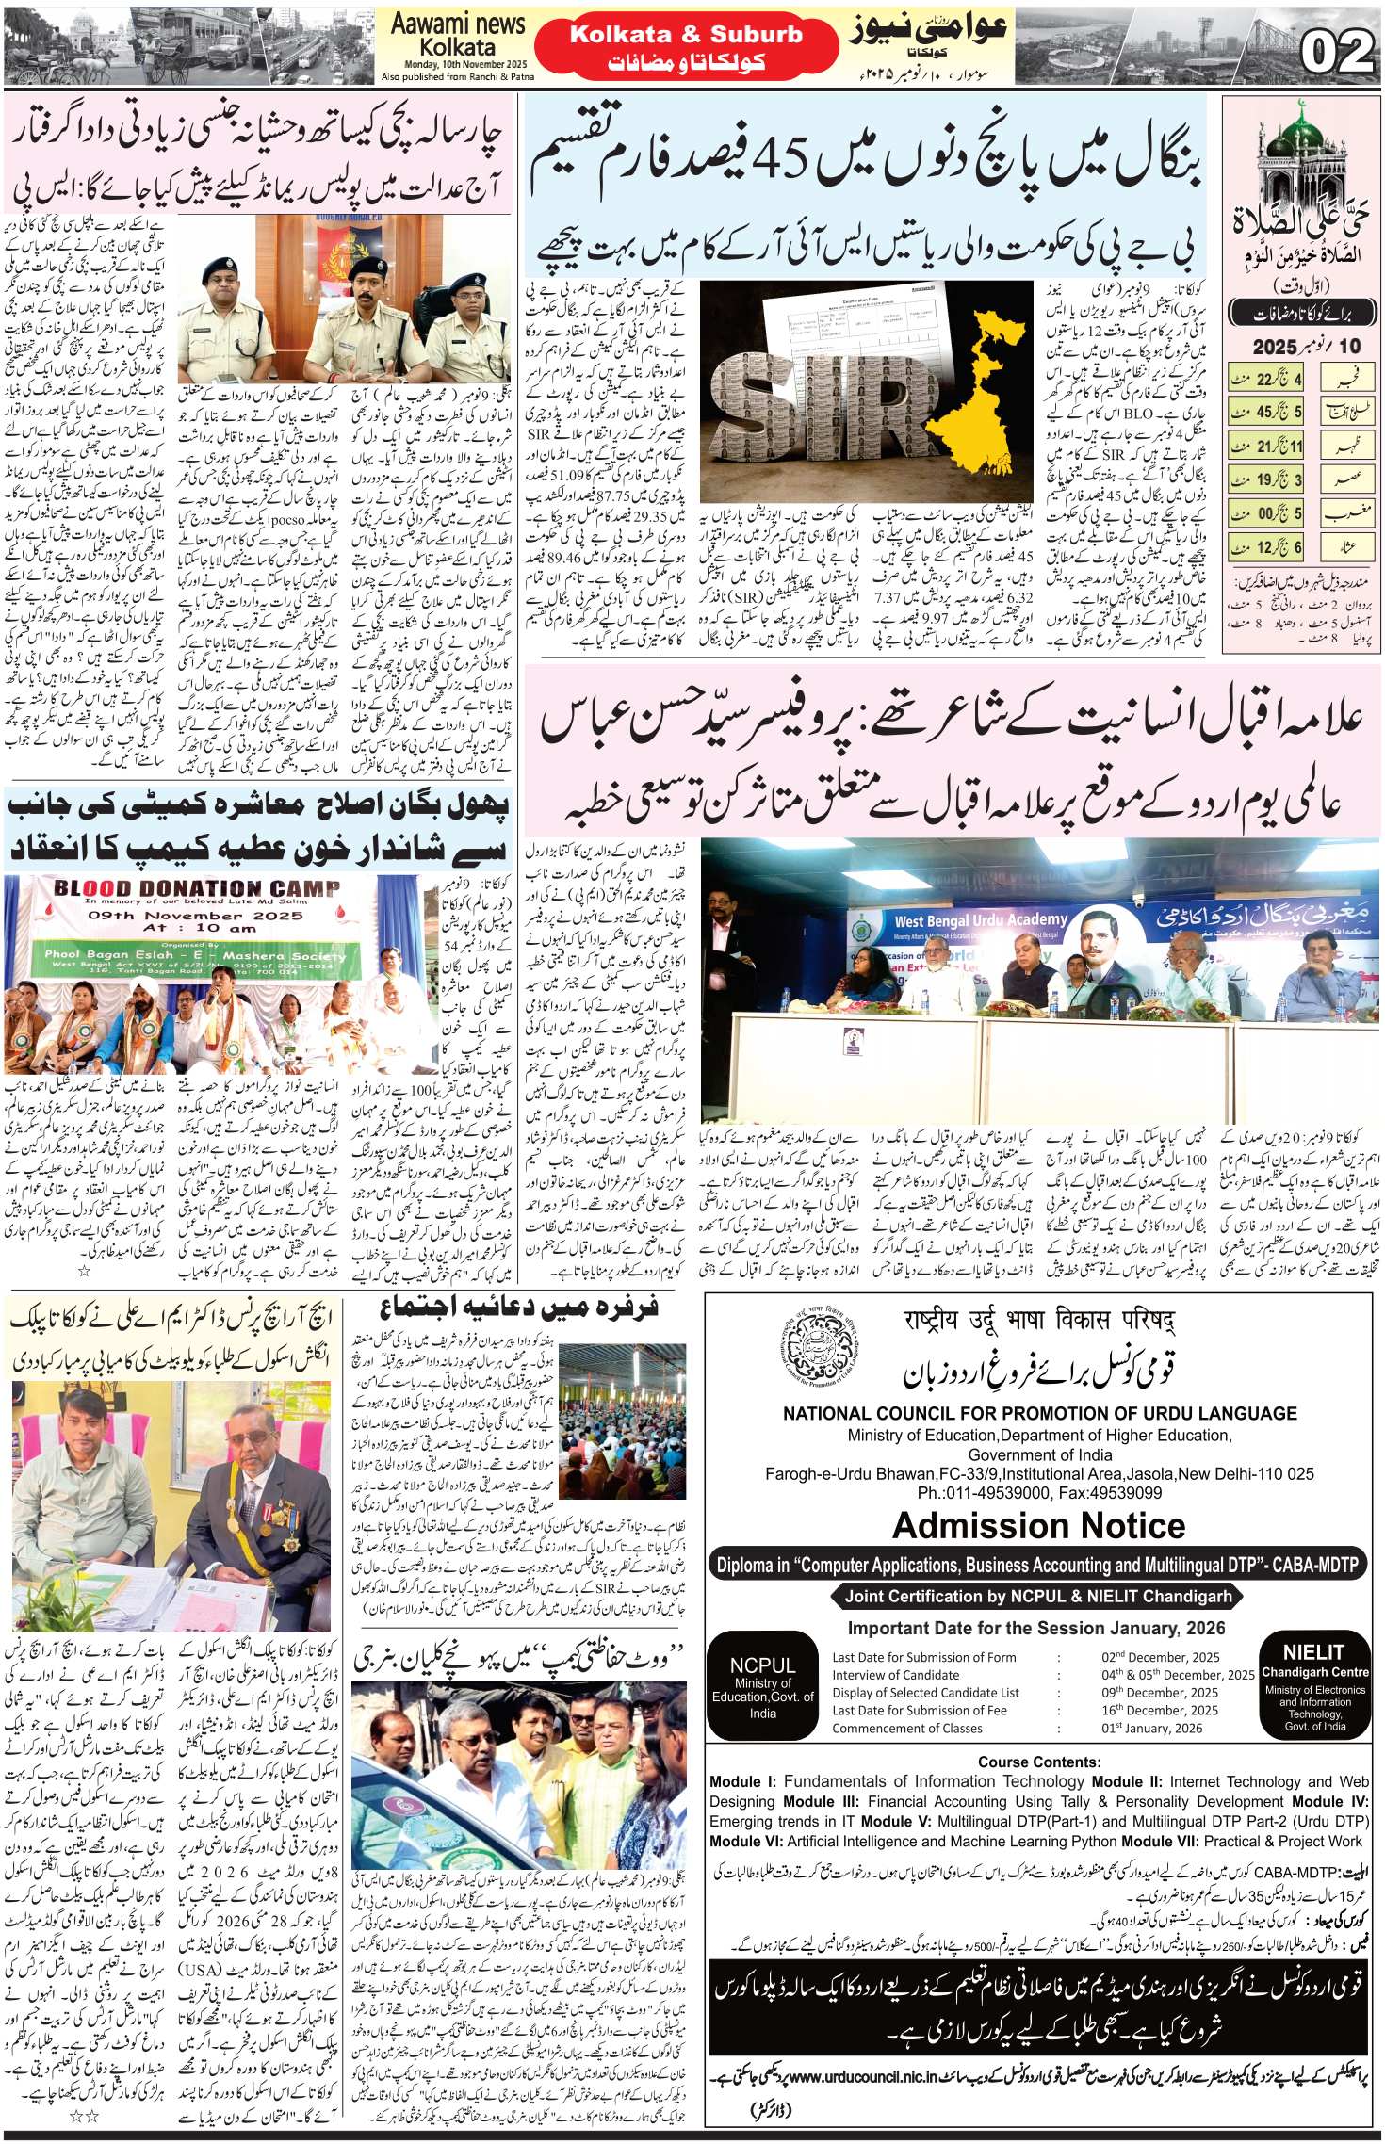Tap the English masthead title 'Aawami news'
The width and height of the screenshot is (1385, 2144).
[457, 24]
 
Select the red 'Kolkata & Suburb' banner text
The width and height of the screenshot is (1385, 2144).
[685, 35]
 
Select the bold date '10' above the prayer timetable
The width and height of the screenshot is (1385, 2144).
[1349, 347]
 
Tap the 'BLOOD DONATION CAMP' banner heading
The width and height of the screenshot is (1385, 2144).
[196, 888]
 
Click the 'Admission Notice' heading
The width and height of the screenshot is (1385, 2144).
[1039, 1525]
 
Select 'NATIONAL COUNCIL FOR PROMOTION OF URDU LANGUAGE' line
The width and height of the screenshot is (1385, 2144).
[1039, 1413]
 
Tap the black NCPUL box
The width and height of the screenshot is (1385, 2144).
[763, 1692]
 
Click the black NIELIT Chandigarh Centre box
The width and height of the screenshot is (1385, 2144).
[1314, 1692]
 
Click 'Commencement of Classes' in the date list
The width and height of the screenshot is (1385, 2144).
[906, 1729]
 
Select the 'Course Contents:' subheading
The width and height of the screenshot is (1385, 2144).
[1038, 1762]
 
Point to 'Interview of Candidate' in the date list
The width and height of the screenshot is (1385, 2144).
[895, 1675]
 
